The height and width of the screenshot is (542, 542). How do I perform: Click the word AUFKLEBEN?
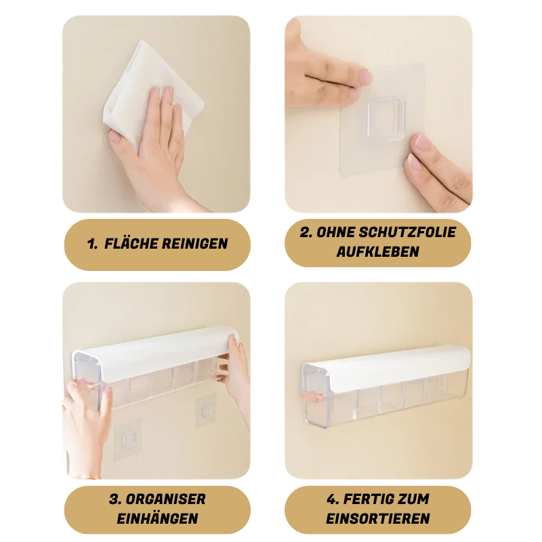coord(377,251)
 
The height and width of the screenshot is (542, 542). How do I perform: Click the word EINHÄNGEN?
coord(157,519)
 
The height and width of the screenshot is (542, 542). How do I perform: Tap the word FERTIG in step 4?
coord(370,499)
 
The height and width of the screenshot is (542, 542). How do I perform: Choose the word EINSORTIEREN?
coord(377,519)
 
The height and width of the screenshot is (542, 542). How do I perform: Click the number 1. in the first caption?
coord(93,244)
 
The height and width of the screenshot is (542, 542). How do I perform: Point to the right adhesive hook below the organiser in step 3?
coord(206,411)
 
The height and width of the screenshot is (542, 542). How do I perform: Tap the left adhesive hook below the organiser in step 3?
coord(128,438)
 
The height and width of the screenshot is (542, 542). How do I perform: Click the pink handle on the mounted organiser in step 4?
coord(329,390)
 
